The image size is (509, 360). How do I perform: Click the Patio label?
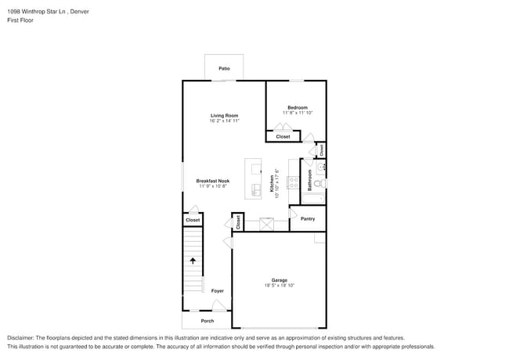coord(224,69)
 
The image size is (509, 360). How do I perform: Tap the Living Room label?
coord(224,116)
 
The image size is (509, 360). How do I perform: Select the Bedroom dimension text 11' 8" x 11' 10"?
coord(297,113)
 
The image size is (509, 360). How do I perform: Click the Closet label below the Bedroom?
coord(283,137)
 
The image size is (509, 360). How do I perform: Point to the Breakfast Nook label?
coord(212,181)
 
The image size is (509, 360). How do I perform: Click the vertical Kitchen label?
coord(273,183)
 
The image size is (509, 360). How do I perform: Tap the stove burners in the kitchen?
coord(294,183)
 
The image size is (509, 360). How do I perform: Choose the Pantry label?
coord(308,219)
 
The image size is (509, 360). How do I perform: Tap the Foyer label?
coord(217,291)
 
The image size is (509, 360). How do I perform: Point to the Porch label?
coord(208,321)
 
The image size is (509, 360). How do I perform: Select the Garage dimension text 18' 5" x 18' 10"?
coord(280,286)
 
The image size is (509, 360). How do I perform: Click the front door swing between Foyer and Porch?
coord(220,306)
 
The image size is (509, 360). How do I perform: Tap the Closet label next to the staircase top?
coord(193,220)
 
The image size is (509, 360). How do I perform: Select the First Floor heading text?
coord(20,20)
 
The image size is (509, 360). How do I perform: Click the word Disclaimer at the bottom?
coord(21,337)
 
